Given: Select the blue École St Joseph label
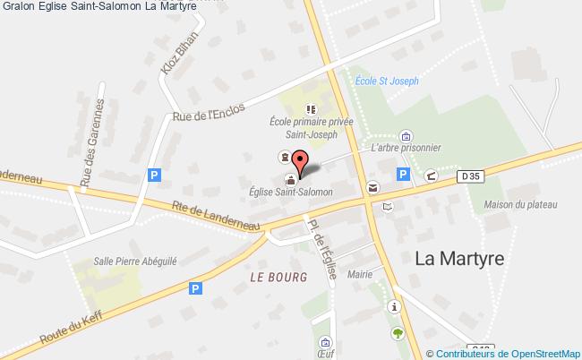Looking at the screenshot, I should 387,81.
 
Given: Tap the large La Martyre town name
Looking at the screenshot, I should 460,259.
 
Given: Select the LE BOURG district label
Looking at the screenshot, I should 278,277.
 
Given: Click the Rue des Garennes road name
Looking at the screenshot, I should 93,143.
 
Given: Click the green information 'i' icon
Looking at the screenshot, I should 394,306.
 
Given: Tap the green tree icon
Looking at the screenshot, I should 397,332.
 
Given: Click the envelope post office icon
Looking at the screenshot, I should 371,188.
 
